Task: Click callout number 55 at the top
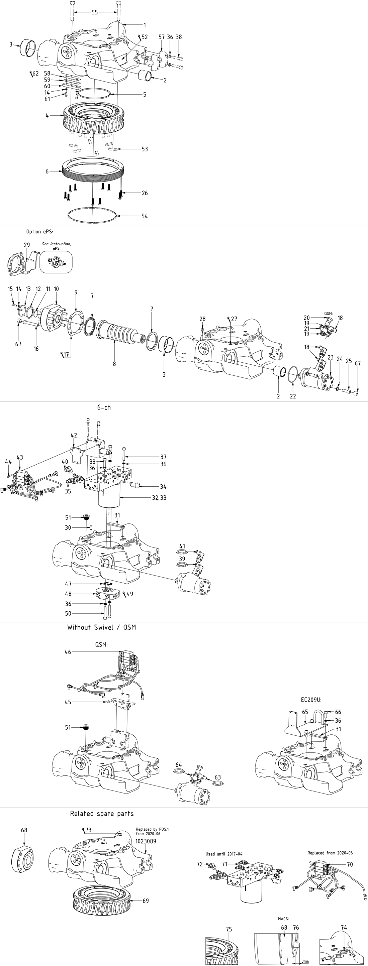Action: [x=95, y=12]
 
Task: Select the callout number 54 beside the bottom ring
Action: [x=145, y=216]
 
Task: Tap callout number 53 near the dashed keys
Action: [x=145, y=149]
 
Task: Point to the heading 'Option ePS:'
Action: [x=40, y=232]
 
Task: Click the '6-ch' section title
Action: [x=104, y=407]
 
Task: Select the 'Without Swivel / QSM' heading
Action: [x=101, y=627]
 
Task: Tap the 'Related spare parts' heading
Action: [x=102, y=813]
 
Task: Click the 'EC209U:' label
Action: [x=312, y=700]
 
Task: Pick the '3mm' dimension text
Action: [x=304, y=961]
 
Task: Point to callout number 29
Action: [x=27, y=245]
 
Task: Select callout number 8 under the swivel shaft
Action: [x=114, y=363]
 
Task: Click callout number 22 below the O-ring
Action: [x=293, y=396]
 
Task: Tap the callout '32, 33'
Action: [x=159, y=498]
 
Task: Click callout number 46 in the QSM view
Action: [x=68, y=652]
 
